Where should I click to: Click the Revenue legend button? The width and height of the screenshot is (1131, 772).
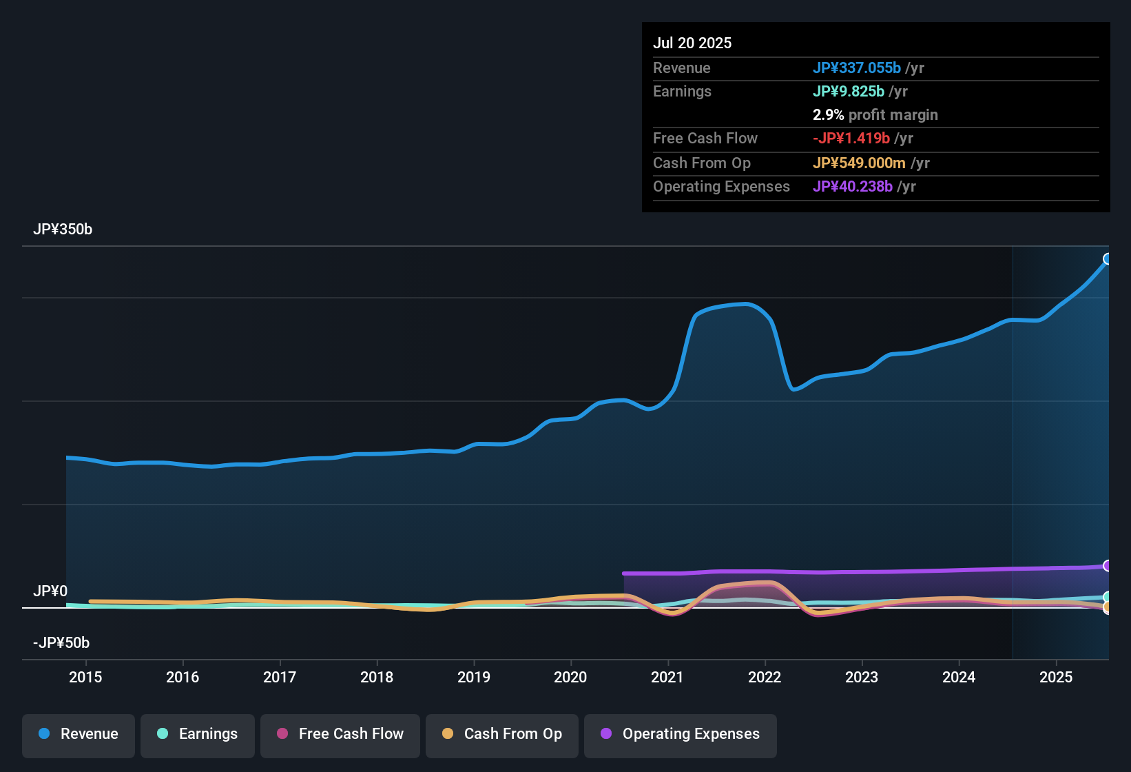(x=79, y=734)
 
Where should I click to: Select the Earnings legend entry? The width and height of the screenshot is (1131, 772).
(x=197, y=734)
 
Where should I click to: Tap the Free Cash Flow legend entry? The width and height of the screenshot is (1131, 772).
(x=340, y=734)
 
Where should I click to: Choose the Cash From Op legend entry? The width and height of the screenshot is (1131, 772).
(x=502, y=734)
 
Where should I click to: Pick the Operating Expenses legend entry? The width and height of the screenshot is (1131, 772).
(x=680, y=734)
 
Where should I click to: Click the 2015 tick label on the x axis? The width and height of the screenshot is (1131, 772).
(x=85, y=677)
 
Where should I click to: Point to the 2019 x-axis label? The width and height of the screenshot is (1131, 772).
(x=474, y=677)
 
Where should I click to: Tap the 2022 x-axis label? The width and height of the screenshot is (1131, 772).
(x=765, y=677)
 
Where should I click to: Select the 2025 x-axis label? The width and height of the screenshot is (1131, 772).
(x=1055, y=677)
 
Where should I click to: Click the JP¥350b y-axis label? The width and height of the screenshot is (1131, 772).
(x=63, y=230)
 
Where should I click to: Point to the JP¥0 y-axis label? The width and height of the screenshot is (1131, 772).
(x=50, y=591)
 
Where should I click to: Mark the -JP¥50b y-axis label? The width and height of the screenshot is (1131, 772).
(x=61, y=643)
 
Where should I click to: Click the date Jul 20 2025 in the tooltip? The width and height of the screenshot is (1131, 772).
(x=692, y=43)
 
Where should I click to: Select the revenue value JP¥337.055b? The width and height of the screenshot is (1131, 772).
(x=856, y=68)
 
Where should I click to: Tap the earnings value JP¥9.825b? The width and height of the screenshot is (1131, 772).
(x=848, y=91)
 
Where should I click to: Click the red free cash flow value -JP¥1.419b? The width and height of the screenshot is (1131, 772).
(x=851, y=138)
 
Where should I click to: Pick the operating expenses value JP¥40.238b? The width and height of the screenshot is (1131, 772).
(x=852, y=186)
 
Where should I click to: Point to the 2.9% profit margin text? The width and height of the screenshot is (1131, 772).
(x=875, y=114)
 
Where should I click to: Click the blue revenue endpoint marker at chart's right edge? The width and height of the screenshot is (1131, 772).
(x=1107, y=259)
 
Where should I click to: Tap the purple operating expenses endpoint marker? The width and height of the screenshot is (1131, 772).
(x=1107, y=566)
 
